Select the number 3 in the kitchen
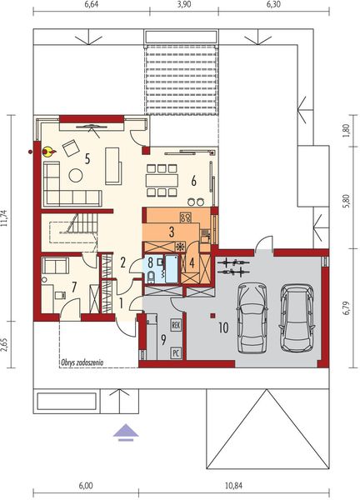(x=171, y=231)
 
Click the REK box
(x=176, y=326)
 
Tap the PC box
(x=176, y=352)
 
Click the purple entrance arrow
(x=124, y=430)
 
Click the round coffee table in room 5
(x=75, y=175)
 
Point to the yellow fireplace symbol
(x=47, y=151)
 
